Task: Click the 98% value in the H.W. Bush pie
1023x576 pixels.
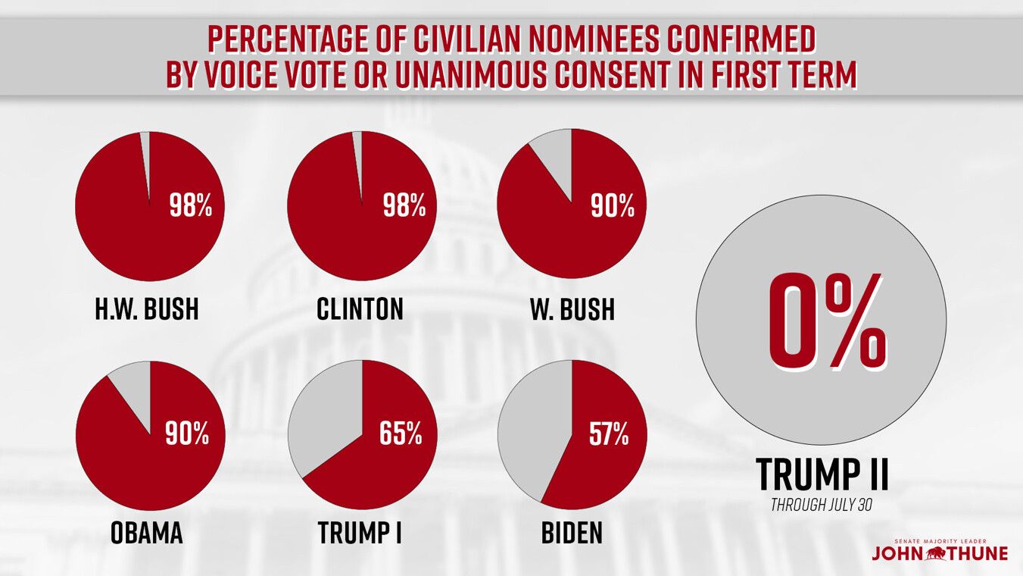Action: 190,207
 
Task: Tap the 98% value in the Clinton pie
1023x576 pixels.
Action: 404,207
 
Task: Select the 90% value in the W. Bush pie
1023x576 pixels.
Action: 613,207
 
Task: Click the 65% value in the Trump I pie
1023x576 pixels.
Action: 401,434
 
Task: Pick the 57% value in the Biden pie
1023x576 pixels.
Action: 609,434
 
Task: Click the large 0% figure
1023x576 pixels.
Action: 826,321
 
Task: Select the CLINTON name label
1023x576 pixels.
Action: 360,310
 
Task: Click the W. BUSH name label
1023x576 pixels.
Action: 572,310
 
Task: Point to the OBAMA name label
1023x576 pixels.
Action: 147,533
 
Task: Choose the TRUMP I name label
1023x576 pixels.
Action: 360,533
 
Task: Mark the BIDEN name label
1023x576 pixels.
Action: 572,533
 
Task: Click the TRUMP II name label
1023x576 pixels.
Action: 822,474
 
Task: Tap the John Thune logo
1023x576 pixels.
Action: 939,551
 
